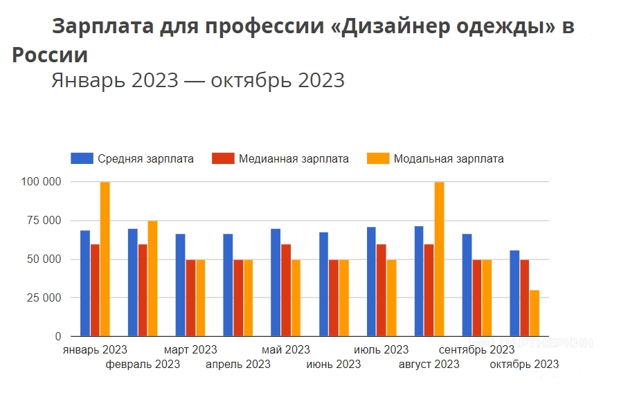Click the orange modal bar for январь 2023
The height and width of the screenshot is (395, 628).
(x=105, y=259)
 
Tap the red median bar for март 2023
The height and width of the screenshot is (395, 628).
(x=190, y=297)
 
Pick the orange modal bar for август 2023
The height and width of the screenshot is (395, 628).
(x=440, y=259)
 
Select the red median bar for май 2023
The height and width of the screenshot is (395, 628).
(x=286, y=290)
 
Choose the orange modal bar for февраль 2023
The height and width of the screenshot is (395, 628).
(x=153, y=279)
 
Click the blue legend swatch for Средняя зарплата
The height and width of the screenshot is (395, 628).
(x=82, y=158)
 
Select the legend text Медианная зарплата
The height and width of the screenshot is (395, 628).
(x=294, y=159)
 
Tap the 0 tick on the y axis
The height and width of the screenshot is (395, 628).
(x=58, y=337)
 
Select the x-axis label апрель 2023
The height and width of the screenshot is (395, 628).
(x=238, y=365)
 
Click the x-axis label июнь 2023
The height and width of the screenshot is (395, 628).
(x=333, y=365)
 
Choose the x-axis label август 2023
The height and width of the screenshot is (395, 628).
(x=429, y=365)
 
